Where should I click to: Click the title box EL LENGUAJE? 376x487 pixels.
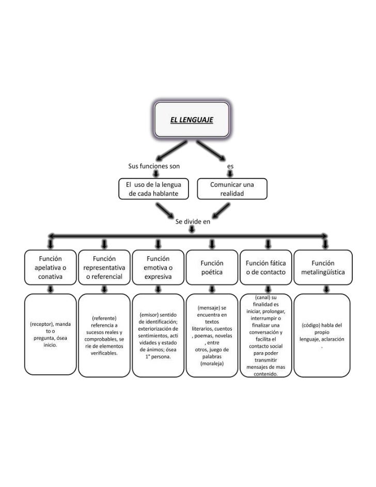[192, 120]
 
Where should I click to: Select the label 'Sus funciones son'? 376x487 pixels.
[154, 166]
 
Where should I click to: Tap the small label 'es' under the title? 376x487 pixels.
[230, 166]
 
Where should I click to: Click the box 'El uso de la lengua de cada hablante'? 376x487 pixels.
[153, 188]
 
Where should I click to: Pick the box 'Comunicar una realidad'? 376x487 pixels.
[232, 188]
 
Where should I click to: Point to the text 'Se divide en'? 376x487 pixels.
[193, 221]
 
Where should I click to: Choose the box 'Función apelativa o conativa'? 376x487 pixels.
[50, 267]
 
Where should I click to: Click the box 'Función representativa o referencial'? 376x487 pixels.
[104, 267]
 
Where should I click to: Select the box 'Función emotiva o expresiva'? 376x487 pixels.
[158, 267]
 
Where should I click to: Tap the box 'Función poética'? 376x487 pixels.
[212, 267]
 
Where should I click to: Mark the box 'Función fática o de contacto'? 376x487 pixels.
[265, 267]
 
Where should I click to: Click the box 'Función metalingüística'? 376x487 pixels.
[323, 267]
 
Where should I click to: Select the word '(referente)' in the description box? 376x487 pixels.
[104, 318]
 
